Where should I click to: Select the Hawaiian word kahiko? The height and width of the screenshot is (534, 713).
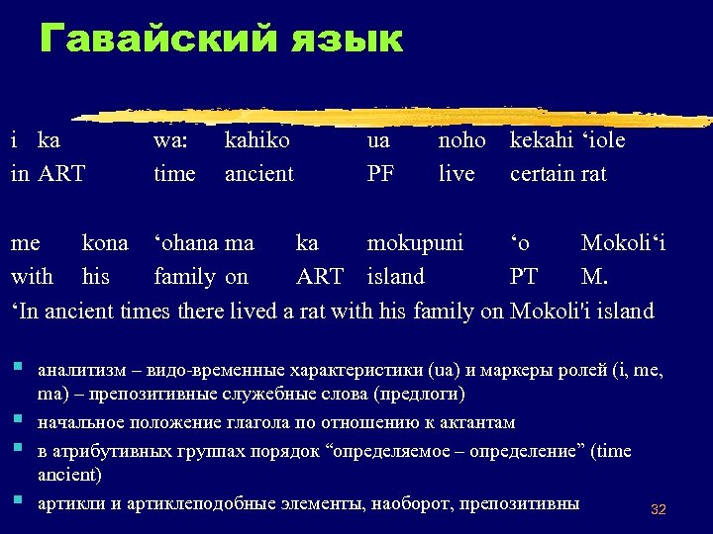(x=257, y=140)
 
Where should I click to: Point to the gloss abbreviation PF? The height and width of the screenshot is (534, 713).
(x=380, y=174)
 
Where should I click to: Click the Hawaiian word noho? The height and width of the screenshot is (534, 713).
(x=461, y=140)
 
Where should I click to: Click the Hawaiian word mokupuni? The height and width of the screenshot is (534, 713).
(x=415, y=243)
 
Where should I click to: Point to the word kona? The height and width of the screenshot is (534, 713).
(x=105, y=243)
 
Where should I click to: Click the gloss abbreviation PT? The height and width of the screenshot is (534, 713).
(x=524, y=276)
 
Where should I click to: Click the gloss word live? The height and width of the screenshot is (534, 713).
(x=457, y=174)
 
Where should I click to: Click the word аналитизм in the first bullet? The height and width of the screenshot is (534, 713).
(x=81, y=372)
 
